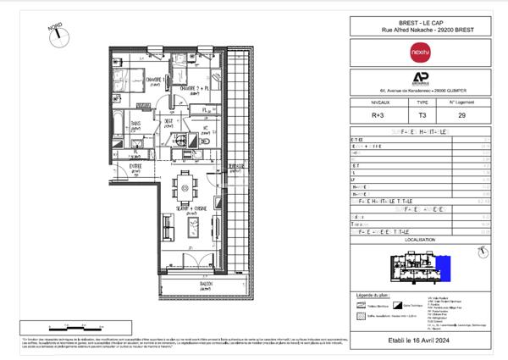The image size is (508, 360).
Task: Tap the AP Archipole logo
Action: (421, 76)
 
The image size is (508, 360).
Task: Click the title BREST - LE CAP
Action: (421, 23)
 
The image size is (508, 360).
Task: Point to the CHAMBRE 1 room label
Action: (152, 81)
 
